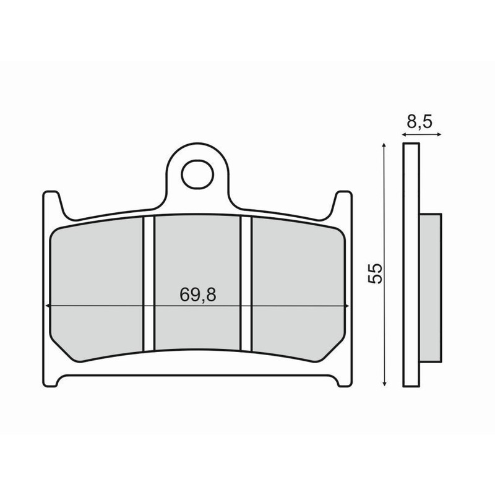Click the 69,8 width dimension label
tap(198, 295)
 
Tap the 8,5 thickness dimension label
tap(420, 122)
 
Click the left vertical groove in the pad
tap(148, 283)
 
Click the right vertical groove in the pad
tap(246, 283)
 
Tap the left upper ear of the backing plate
tap(52, 201)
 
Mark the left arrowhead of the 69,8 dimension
tap(47, 306)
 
